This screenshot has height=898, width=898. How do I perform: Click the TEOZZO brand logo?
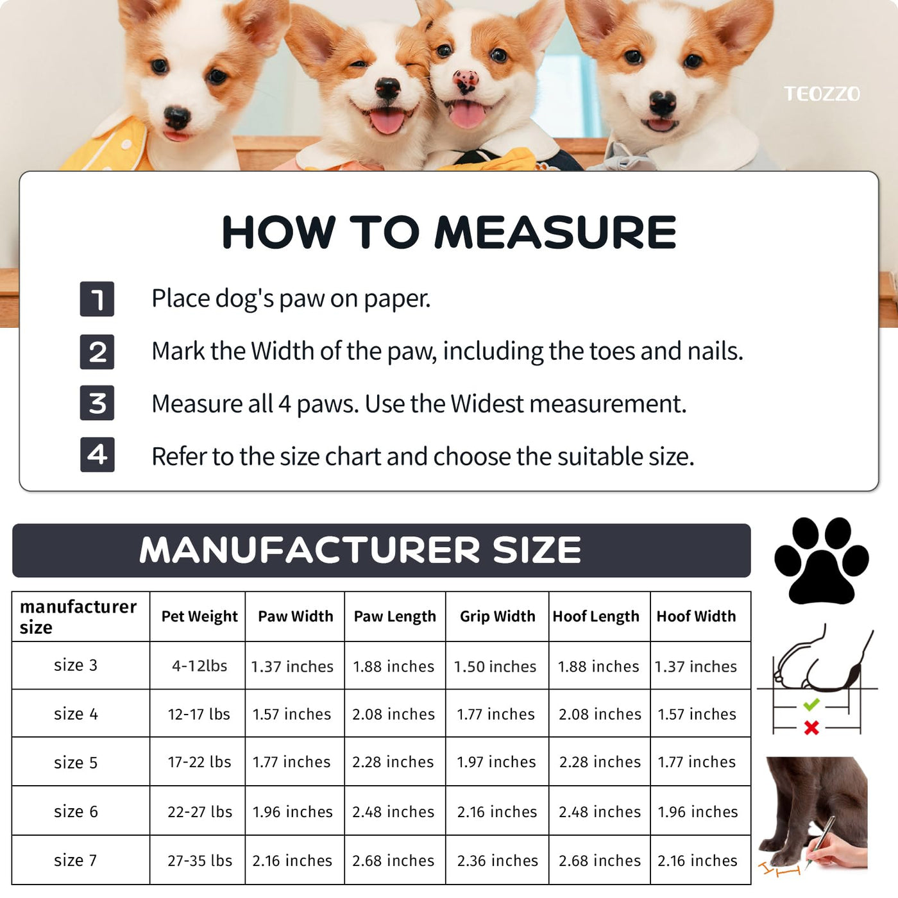pyautogui.click(x=822, y=94)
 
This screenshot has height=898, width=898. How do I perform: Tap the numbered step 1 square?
pyautogui.click(x=97, y=299)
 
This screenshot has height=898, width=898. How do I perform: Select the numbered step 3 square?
pyautogui.click(x=97, y=403)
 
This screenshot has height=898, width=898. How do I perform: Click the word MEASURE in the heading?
pyautogui.click(x=555, y=232)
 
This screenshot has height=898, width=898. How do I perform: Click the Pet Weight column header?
pyautogui.click(x=199, y=616)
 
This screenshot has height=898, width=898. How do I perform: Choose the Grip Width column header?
pyautogui.click(x=497, y=616)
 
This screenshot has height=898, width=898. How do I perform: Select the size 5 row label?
pyautogui.click(x=76, y=763)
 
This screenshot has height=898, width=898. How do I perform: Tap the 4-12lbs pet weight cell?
pyautogui.click(x=199, y=665)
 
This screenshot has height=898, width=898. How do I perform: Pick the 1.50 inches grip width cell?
pyautogui.click(x=495, y=666)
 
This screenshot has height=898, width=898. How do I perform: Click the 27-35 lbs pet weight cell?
pyautogui.click(x=200, y=860)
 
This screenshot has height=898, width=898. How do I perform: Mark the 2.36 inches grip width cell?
pyautogui.click(x=497, y=860)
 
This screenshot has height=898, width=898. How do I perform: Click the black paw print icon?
pyautogui.click(x=821, y=560)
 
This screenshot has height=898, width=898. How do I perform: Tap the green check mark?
pyautogui.click(x=811, y=704)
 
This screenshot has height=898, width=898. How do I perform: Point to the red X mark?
pyautogui.click(x=811, y=728)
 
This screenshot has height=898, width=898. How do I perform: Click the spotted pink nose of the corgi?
pyautogui.click(x=466, y=81)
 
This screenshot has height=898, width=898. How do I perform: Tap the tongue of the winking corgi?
pyautogui.click(x=387, y=120)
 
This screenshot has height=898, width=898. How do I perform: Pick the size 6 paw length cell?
pyautogui.click(x=393, y=812)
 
